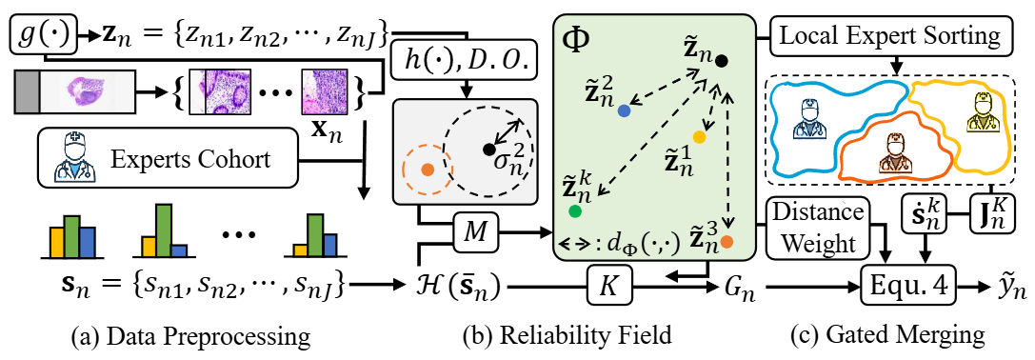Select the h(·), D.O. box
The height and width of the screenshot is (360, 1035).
(x=467, y=64)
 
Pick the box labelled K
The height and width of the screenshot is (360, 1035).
(x=607, y=288)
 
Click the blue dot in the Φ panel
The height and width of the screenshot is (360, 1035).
(x=624, y=112)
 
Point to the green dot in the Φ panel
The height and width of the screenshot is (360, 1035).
(x=575, y=211)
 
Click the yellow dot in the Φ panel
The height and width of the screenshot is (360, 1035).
(x=700, y=137)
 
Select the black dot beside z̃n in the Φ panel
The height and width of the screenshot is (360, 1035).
(x=722, y=62)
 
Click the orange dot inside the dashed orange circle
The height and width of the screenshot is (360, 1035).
(x=428, y=170)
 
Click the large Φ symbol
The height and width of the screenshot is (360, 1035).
(x=577, y=41)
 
